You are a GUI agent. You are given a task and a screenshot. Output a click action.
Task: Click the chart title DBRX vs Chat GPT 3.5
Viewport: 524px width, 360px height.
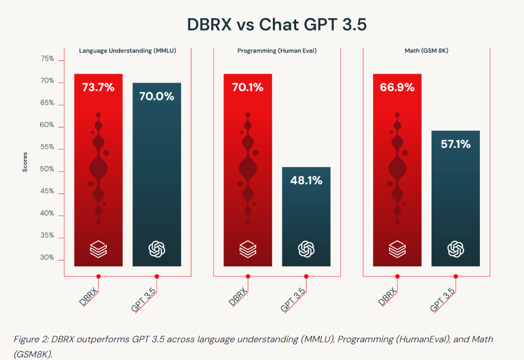coord(276,25)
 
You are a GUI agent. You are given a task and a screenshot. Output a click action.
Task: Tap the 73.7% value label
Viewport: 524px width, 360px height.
coord(98,87)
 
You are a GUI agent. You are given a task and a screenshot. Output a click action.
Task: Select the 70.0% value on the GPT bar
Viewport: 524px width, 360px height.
coord(157,96)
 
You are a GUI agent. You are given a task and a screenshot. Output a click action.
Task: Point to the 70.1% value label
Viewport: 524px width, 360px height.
coord(248,87)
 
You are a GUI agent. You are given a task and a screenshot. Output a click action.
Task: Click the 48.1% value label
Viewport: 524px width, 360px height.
coord(306,180)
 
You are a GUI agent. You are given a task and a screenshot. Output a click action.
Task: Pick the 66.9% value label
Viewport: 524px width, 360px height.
coord(397,87)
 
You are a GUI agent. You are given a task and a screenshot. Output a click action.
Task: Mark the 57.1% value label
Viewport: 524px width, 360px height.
coord(455,144)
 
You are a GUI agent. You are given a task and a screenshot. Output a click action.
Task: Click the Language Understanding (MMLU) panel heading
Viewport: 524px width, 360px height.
coord(127,51)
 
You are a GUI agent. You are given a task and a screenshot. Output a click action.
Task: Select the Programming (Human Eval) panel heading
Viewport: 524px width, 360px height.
coord(277,51)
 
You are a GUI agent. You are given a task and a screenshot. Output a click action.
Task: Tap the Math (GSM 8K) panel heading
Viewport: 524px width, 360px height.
coord(426,51)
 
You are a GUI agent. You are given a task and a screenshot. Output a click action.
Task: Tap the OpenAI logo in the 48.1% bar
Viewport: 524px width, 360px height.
coord(306,248)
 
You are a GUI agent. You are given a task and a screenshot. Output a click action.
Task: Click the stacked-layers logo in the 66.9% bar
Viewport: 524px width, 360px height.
coord(397,248)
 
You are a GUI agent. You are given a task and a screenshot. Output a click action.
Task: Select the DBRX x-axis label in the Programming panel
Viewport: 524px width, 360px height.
coord(238,297)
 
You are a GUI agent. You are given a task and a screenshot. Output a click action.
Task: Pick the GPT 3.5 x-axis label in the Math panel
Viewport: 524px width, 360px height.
coord(442,299)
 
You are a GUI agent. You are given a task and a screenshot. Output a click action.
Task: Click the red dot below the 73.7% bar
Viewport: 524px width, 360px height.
coord(98,276)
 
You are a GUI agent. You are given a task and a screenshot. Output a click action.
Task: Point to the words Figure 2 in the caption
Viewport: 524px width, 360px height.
coord(30,339)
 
